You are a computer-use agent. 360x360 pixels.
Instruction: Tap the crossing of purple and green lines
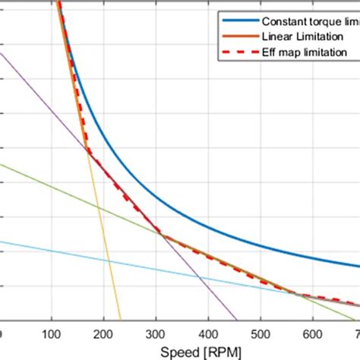(160, 232)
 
